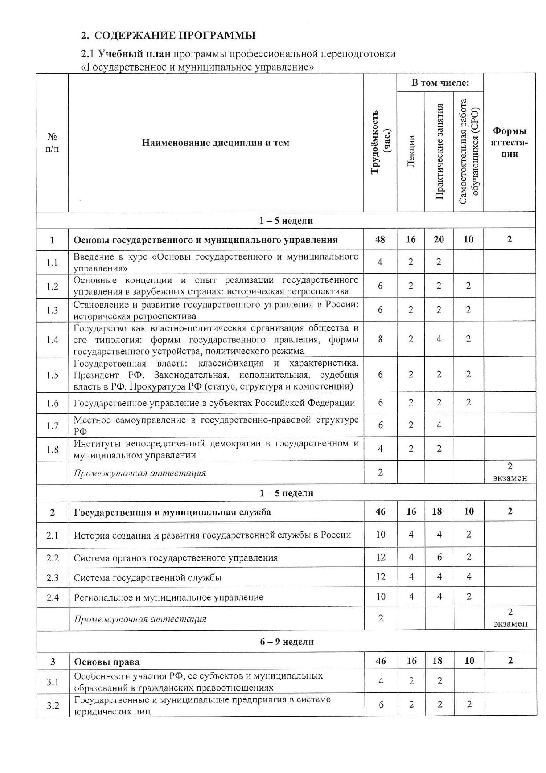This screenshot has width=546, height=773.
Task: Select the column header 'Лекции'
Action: (x=411, y=151)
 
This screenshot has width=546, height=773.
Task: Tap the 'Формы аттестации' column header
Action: (x=509, y=142)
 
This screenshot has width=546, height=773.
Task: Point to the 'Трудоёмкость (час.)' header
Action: (x=380, y=142)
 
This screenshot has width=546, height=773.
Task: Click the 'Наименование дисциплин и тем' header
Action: (x=216, y=142)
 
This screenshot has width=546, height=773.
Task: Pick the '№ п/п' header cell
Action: (x=52, y=142)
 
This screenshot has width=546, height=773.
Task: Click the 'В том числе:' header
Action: (x=440, y=83)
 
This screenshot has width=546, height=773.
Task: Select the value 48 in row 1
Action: (x=380, y=239)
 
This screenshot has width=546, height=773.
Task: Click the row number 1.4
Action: (x=52, y=339)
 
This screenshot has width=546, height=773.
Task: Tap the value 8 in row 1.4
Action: (x=380, y=339)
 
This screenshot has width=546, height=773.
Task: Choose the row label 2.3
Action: (x=52, y=577)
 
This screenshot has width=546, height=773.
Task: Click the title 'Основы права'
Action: (x=107, y=662)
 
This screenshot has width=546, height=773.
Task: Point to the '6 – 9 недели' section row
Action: (x=287, y=642)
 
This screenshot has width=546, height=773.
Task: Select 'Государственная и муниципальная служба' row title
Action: (x=173, y=512)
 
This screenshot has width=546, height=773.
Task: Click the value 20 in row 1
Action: (x=439, y=239)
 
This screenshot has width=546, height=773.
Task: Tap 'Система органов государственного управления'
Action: (x=176, y=558)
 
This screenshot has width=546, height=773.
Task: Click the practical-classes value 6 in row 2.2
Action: (x=439, y=557)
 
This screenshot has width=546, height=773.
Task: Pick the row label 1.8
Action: (x=52, y=449)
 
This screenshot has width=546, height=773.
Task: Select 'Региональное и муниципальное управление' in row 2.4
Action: (x=169, y=598)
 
